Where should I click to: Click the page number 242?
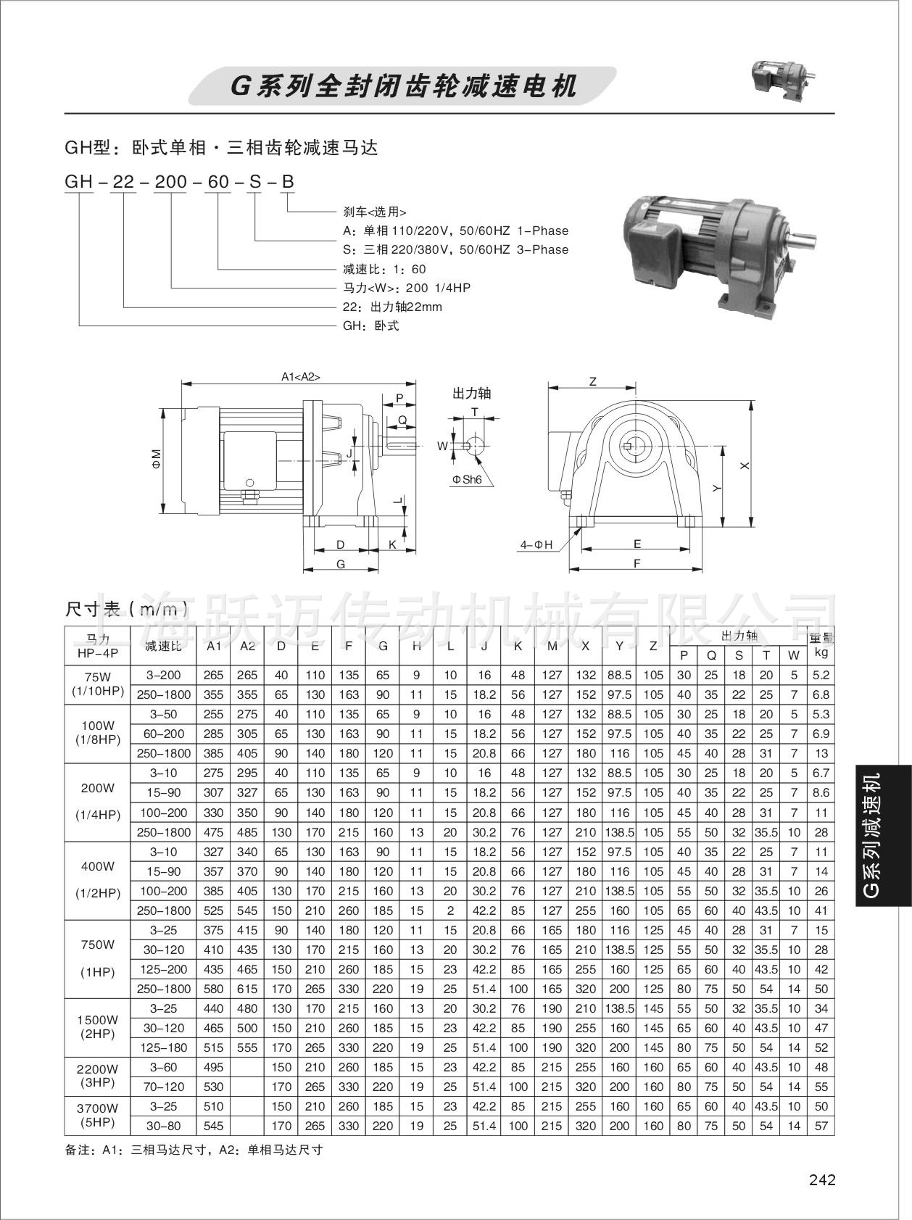pos(821,1180)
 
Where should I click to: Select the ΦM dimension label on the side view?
pos(157,458)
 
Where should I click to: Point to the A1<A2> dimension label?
pos(300,377)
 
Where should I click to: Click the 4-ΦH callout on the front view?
pos(536,544)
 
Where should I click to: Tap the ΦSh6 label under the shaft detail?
pos(467,480)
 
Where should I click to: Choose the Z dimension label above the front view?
pos(592,381)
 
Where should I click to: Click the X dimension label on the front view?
pos(745,466)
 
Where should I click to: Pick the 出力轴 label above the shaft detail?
pos(471,393)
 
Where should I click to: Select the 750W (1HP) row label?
pos(98,959)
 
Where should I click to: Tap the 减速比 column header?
pos(163,645)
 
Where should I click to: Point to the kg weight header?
pos(821,652)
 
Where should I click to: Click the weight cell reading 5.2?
pos(821,675)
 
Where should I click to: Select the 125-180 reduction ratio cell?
pos(163,1047)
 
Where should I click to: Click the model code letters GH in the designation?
pos(78,181)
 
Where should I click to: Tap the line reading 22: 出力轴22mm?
pos(392,307)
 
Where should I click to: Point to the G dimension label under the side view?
pos(341,564)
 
